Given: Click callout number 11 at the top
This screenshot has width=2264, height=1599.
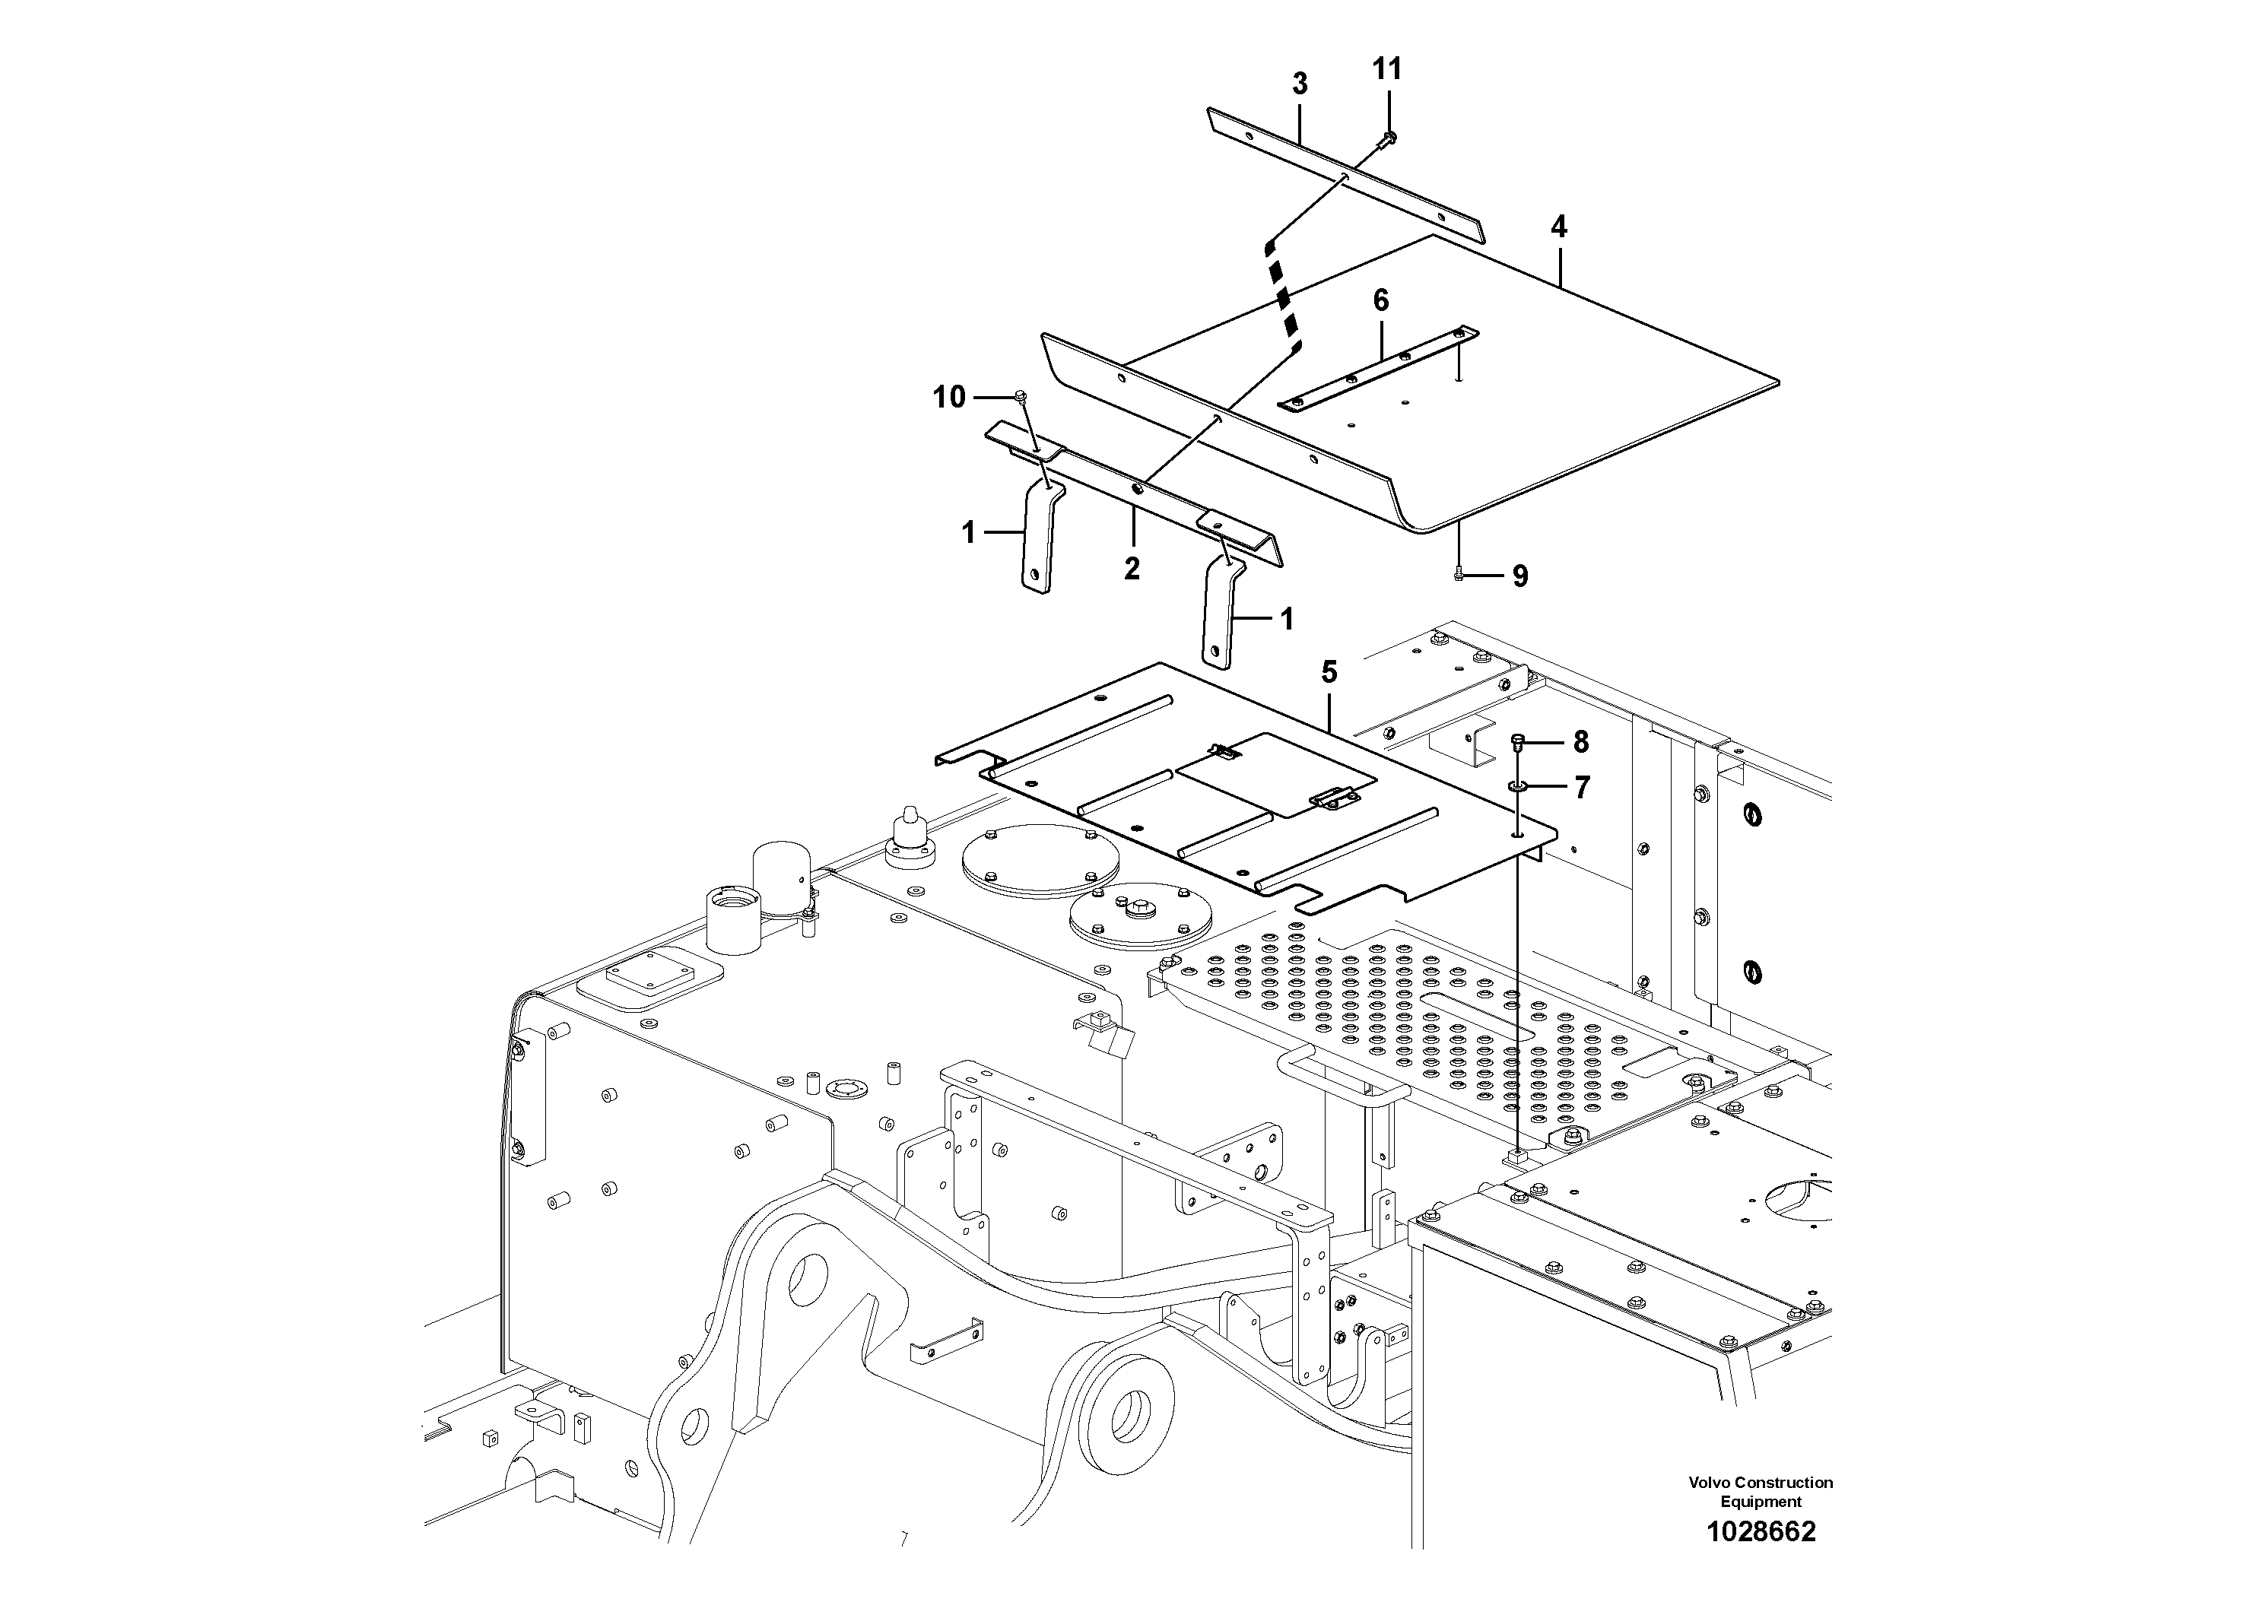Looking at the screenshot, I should click(1386, 69).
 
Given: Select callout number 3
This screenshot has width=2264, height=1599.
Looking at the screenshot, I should click(1300, 85).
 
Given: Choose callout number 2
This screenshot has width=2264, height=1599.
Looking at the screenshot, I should click(1132, 568).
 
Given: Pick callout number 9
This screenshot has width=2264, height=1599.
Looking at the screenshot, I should click(1519, 576).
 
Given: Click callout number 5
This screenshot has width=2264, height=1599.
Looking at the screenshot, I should click(1329, 674).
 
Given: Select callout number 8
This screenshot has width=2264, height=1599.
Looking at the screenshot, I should click(1580, 741).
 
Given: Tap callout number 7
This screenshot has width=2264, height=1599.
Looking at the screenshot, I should click(1582, 787).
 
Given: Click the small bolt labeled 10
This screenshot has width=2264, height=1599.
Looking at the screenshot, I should click(1021, 398).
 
